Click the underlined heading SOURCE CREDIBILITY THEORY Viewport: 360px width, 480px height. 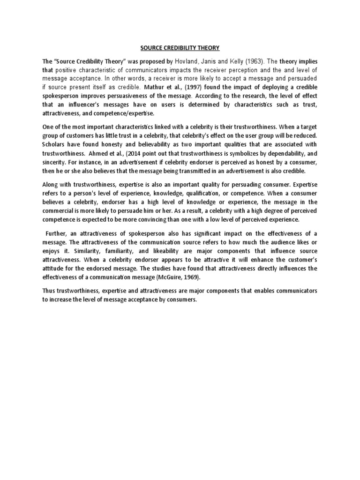coord(180,48)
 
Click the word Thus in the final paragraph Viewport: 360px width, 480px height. coord(50,291)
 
